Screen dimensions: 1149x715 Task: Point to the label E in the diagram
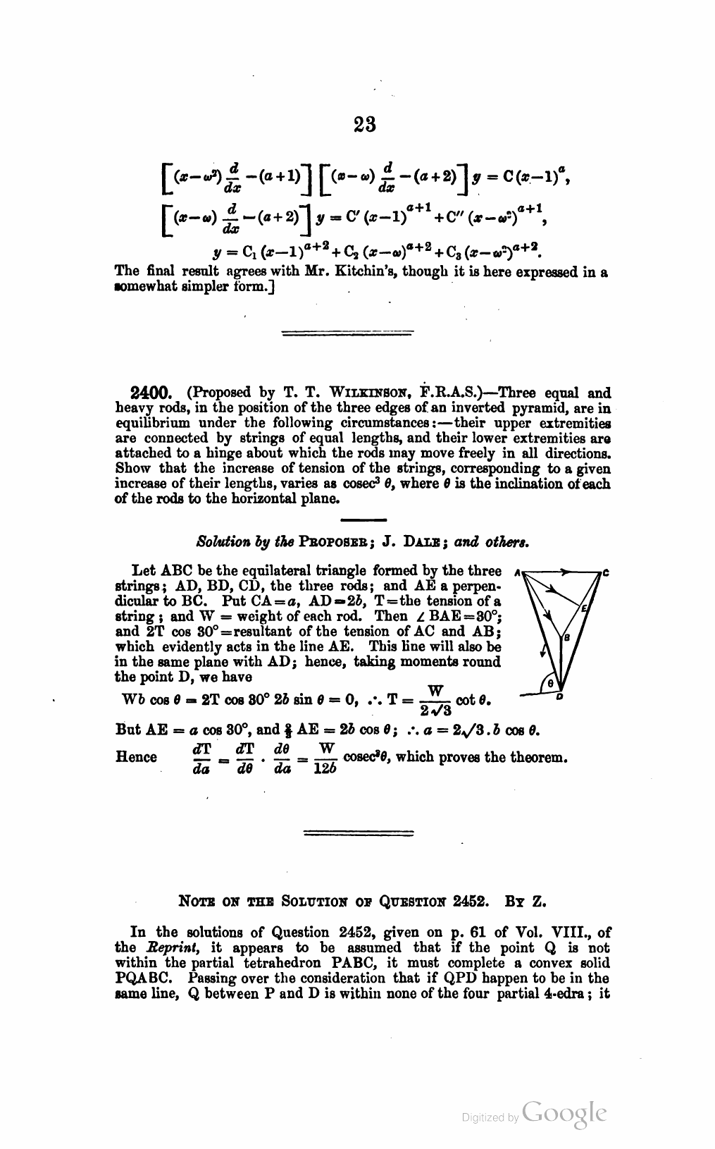click(x=584, y=608)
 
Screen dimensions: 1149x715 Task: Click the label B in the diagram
click(x=567, y=638)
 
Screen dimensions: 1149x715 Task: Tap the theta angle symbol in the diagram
click(x=551, y=682)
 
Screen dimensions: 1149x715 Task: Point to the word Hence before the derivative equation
click(x=136, y=757)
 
